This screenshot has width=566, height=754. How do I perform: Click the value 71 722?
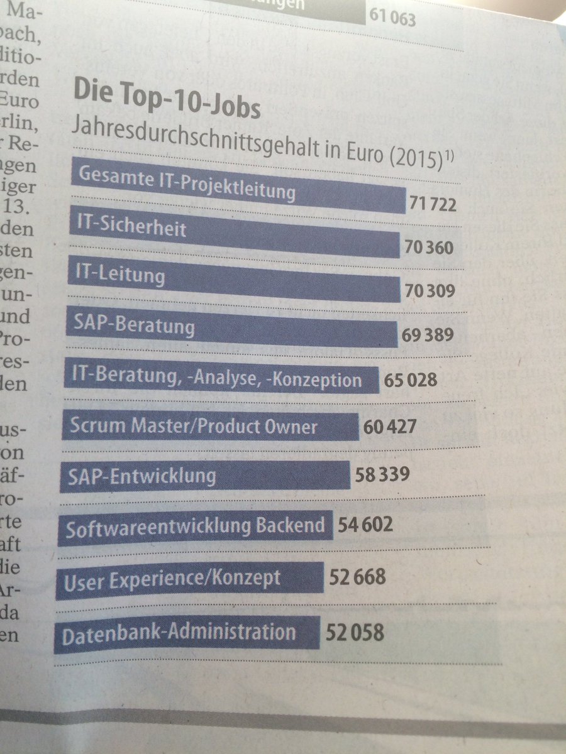[x=432, y=204]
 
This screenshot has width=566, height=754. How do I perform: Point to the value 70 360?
[x=429, y=248]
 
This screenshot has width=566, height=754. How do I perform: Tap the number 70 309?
[x=429, y=290]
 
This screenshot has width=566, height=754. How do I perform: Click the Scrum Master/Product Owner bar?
[x=211, y=427]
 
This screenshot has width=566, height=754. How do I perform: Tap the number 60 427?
[x=390, y=427]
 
